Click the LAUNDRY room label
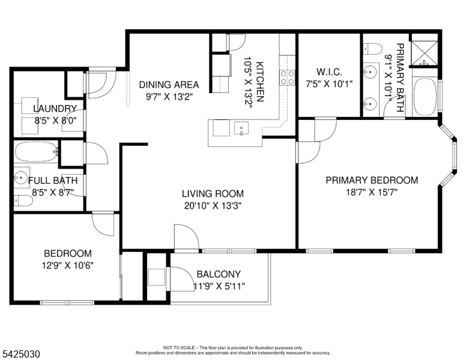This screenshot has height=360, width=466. [x=55, y=109]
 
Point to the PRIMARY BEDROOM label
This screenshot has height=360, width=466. [x=371, y=180]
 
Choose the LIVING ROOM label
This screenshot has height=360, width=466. [x=213, y=193]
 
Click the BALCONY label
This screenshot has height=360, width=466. [x=218, y=274]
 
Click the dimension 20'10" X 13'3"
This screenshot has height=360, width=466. [x=213, y=205]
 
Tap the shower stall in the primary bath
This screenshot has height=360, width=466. [x=425, y=53]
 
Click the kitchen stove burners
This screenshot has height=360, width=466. [x=287, y=77]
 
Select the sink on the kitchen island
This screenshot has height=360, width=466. [x=241, y=128]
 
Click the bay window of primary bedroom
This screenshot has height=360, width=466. [x=447, y=156]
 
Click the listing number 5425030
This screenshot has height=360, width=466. [x=21, y=355]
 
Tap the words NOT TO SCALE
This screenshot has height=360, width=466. [x=177, y=347]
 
